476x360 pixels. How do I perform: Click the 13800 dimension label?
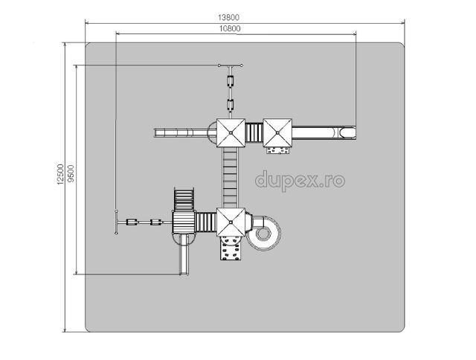click(x=228, y=18)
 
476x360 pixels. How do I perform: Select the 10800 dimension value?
click(x=230, y=28)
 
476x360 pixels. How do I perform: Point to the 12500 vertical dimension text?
click(x=59, y=174)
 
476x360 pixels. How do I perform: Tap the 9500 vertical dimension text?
click(x=71, y=173)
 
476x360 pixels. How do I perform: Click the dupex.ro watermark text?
click(x=300, y=181)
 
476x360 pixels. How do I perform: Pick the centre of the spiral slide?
click(x=263, y=233)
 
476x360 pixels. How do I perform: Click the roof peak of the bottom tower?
click(x=231, y=222)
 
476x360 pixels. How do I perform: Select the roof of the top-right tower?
click(x=277, y=132)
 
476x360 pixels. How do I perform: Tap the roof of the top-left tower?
click(x=231, y=132)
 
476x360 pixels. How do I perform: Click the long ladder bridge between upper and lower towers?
click(x=230, y=178)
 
